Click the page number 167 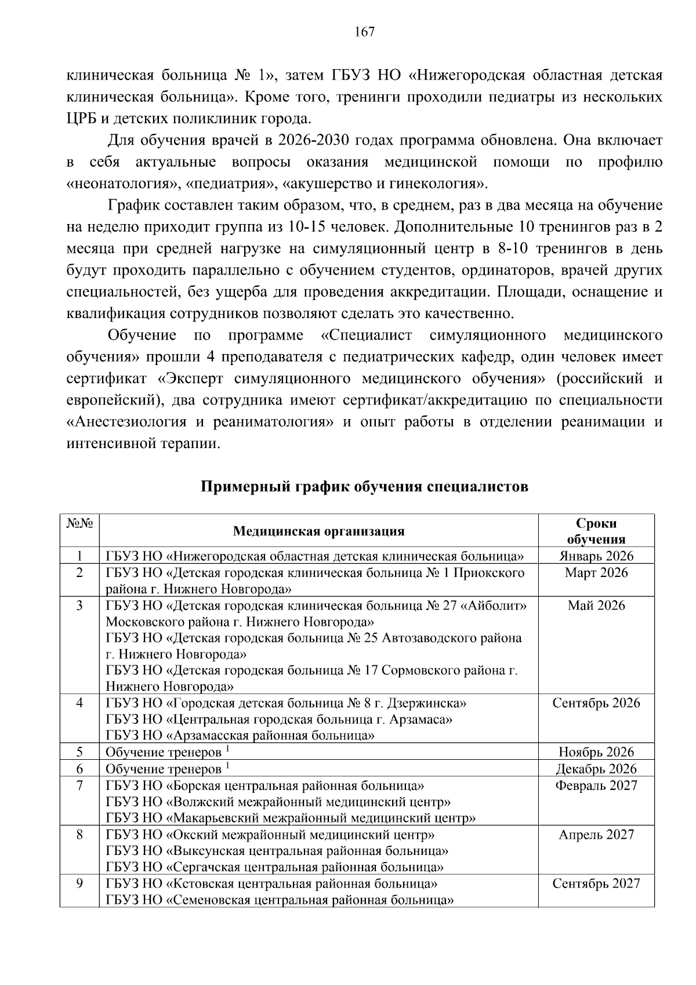(364, 32)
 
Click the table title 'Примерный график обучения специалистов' (364, 486)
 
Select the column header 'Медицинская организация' (318, 531)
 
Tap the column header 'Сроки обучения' (596, 531)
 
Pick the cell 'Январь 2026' (596, 556)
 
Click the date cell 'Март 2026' (596, 573)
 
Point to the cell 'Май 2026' (596, 606)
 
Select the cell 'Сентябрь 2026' (596, 703)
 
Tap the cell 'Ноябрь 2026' (596, 753)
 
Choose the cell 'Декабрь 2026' (596, 770)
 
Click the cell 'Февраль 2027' (596, 786)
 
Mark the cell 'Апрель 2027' (596, 835)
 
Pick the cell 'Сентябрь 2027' (596, 884)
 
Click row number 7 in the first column (79, 786)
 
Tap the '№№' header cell (79, 523)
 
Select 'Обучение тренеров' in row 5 (163, 753)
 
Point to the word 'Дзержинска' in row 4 (432, 703)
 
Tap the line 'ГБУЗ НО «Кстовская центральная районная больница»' (271, 884)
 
